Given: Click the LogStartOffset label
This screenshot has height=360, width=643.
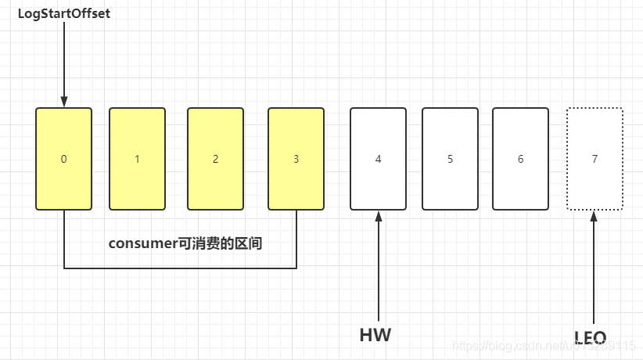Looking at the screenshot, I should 64,14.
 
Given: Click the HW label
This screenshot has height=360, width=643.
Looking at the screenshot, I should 375,336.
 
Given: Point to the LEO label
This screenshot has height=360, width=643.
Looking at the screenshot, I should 591,338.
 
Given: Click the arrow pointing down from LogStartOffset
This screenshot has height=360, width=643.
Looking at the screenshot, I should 64,63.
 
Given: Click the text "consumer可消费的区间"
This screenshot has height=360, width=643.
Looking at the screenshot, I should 185,243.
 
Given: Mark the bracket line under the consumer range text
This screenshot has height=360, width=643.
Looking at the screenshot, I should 180,268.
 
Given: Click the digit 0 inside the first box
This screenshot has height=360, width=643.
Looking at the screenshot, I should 63,159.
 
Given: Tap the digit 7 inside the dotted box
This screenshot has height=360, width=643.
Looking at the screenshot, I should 595,159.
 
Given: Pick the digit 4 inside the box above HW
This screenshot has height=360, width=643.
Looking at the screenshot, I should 378,159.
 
